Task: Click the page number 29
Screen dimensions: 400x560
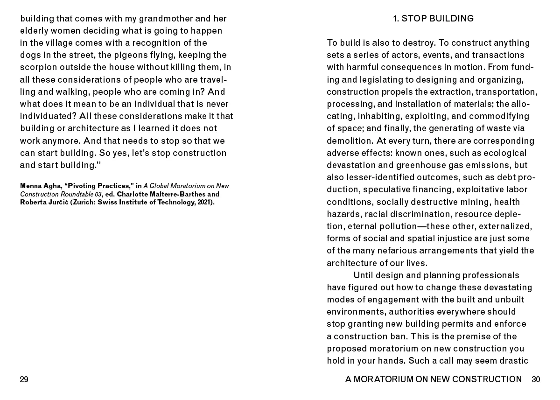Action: [24, 379]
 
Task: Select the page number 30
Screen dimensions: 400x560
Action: [536, 379]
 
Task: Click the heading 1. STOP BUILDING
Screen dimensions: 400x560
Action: [433, 19]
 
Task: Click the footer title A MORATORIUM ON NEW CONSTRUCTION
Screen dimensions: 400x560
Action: [433, 379]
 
